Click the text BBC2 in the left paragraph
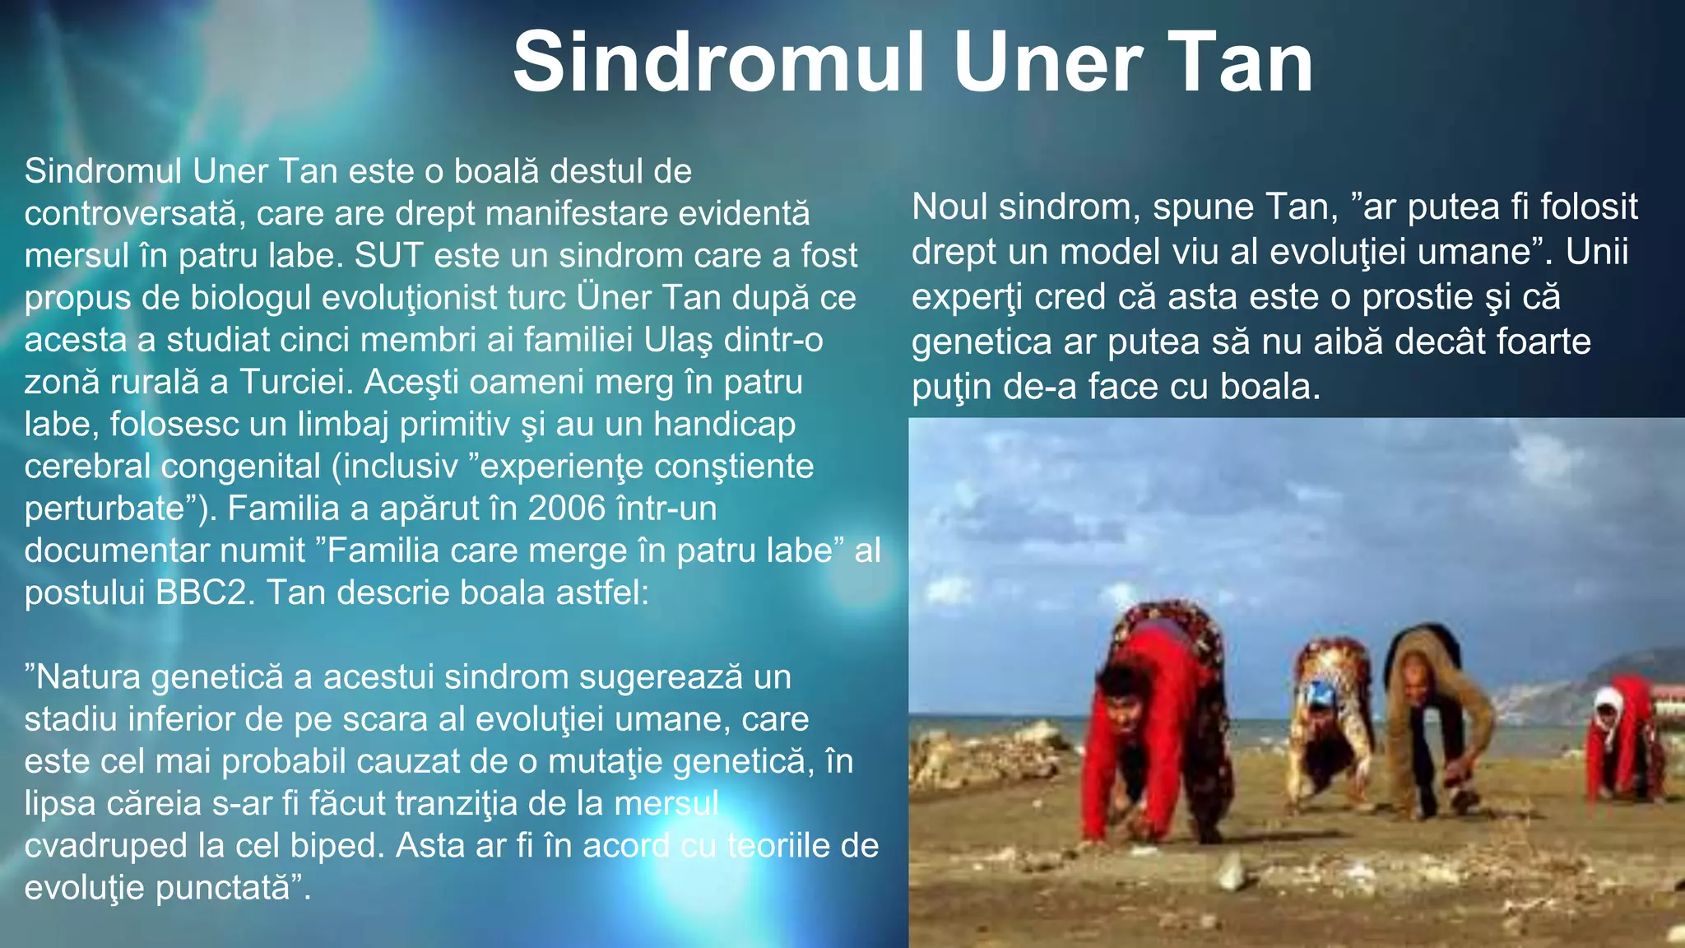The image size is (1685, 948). pyautogui.click(x=201, y=592)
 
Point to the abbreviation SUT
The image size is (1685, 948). pyautogui.click(x=390, y=256)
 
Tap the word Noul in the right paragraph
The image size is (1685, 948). pyautogui.click(x=949, y=207)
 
